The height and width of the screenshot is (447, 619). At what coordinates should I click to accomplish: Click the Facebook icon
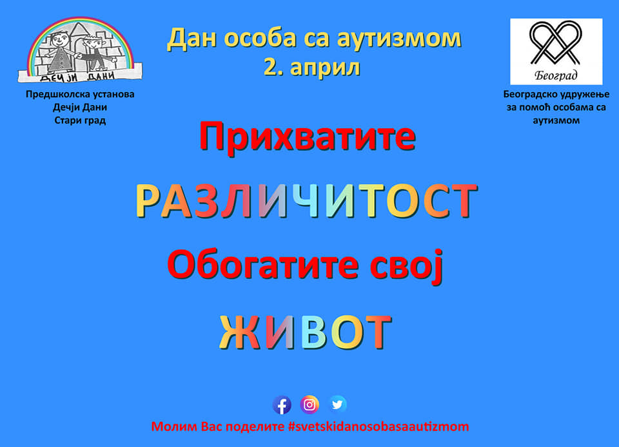[282, 405]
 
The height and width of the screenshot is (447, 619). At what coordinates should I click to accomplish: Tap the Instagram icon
[309, 404]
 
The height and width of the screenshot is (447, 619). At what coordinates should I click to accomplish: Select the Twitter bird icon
[337, 404]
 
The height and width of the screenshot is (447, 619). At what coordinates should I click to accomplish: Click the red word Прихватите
[308, 136]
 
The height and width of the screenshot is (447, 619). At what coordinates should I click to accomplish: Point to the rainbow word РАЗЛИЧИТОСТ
[306, 201]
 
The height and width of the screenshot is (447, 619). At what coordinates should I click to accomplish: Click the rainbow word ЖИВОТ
[305, 332]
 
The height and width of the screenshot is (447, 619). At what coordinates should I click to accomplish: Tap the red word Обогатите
[263, 265]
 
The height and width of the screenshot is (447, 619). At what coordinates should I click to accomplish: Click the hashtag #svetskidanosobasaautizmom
[378, 426]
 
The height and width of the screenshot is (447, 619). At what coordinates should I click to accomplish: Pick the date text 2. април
[312, 68]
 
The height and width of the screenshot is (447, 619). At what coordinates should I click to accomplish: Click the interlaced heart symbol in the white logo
[556, 43]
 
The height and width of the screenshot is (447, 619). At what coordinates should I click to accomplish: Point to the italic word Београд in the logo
[556, 75]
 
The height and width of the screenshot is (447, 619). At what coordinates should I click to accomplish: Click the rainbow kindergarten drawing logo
[80, 50]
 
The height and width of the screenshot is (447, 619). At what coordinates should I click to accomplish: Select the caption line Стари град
[80, 120]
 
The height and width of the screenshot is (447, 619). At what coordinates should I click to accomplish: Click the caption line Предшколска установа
[80, 94]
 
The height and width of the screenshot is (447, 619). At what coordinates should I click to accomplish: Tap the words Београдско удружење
[556, 95]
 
